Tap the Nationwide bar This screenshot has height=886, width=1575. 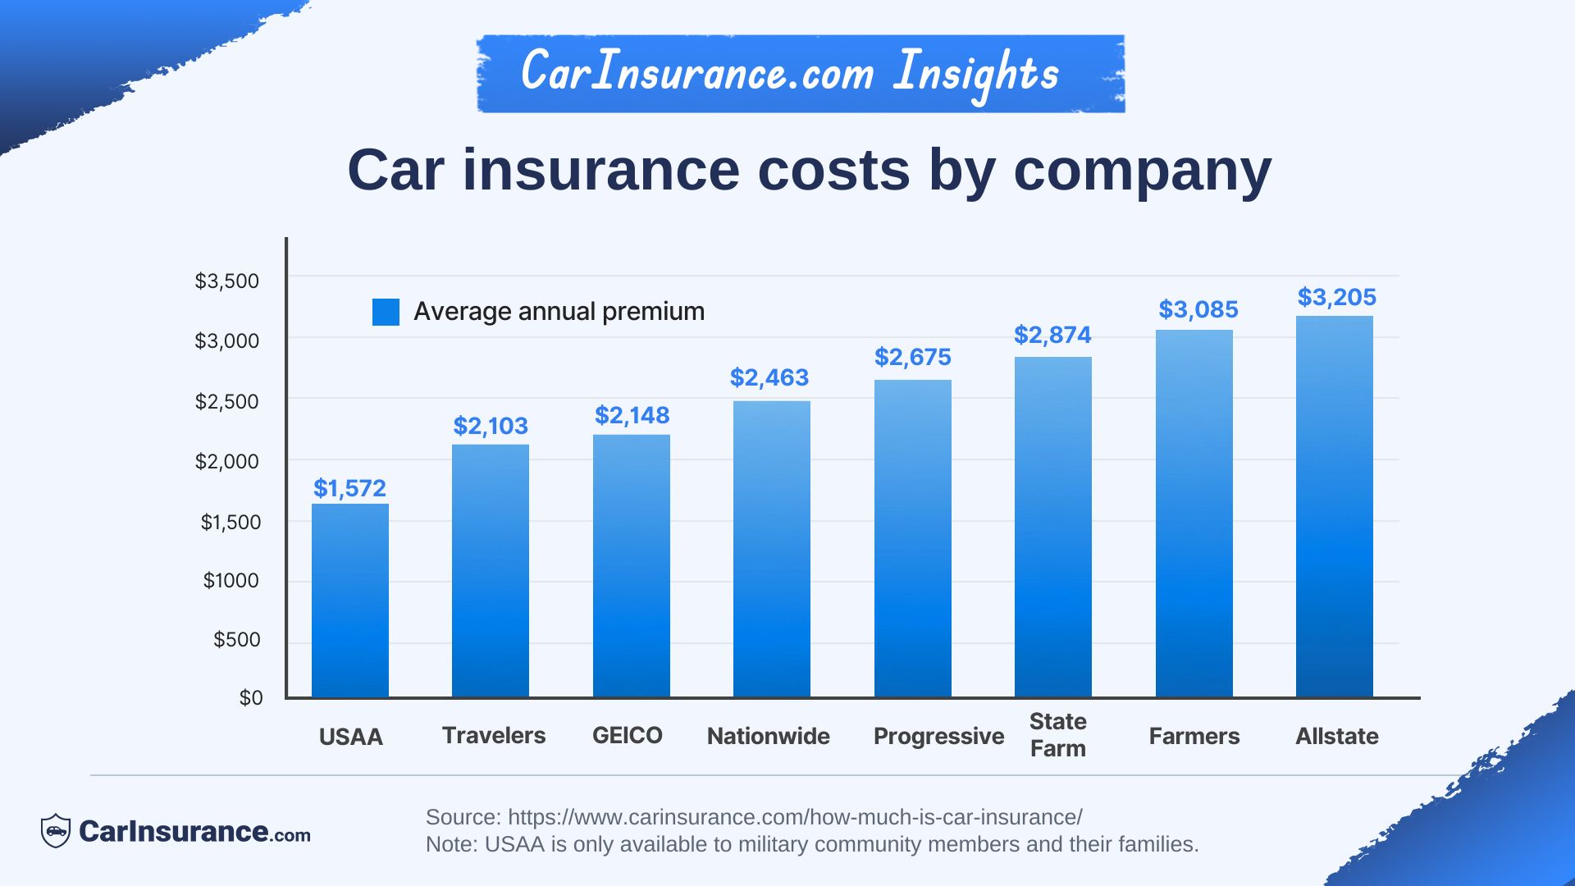(x=772, y=550)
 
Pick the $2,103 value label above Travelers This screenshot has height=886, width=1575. (x=491, y=426)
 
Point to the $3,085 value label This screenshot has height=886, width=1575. (x=1198, y=309)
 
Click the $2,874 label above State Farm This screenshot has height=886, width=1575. (x=1052, y=335)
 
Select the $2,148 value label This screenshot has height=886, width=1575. (x=632, y=415)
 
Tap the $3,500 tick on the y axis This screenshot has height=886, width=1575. (x=226, y=281)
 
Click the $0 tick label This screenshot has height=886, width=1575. (x=251, y=698)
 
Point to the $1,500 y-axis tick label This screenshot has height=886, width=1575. (x=231, y=523)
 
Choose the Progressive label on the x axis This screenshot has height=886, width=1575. (x=938, y=736)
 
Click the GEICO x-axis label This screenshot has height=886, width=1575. (x=628, y=735)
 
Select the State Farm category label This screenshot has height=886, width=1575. (x=1058, y=735)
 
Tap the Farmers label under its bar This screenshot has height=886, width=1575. (x=1194, y=736)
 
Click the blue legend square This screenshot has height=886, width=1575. (x=386, y=312)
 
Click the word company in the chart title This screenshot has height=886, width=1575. (x=1142, y=171)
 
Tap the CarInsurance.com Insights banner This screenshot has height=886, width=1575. (x=800, y=73)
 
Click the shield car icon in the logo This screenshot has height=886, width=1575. (x=56, y=831)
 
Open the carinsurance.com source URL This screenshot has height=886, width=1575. (x=795, y=817)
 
